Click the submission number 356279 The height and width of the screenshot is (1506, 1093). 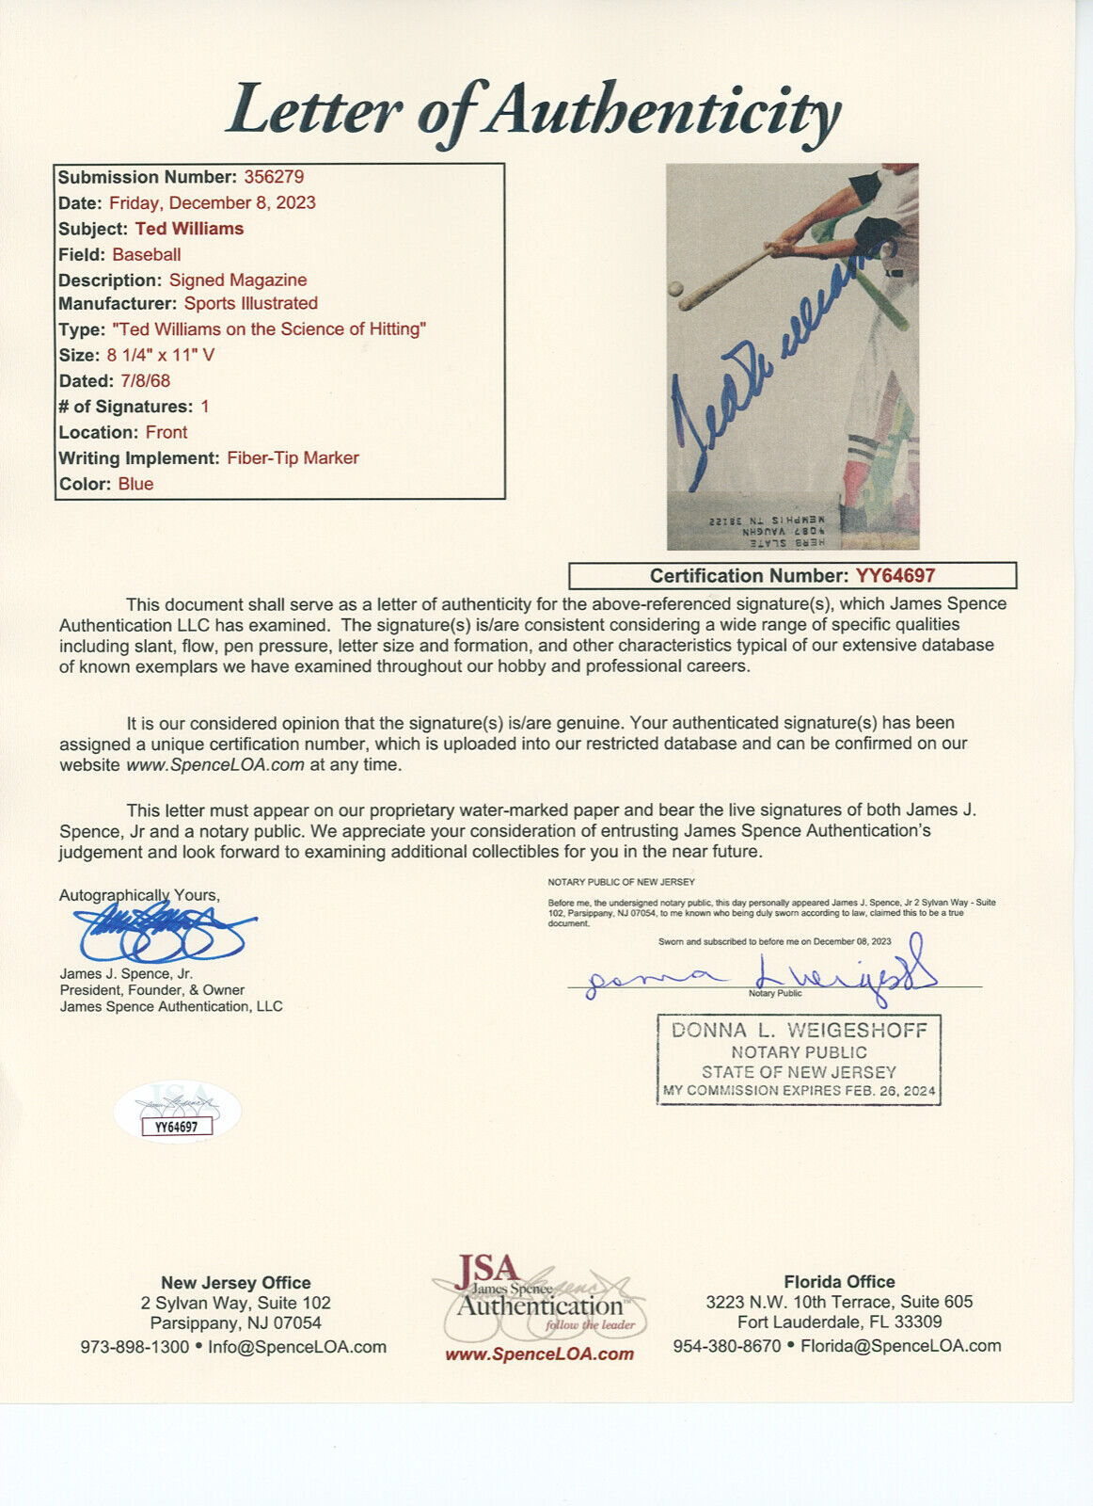pos(274,177)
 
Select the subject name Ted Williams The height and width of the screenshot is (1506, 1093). pos(189,229)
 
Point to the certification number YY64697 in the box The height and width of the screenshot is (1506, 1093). pos(895,576)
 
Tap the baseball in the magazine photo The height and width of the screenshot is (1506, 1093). pos(675,289)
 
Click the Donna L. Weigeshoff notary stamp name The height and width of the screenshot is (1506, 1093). pos(799,1031)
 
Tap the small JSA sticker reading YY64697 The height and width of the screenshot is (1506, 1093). pos(177,1126)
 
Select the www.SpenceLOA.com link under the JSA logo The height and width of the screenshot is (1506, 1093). pos(539,1354)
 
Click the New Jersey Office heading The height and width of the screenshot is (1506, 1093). pos(235,1283)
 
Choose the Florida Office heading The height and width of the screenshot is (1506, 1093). pos(839,1282)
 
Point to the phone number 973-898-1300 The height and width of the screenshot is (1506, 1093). pos(135,1347)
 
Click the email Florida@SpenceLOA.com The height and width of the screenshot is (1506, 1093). pos(900,1346)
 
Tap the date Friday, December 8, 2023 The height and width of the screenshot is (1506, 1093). pos(213,203)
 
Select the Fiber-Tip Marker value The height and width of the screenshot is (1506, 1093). pos(293,458)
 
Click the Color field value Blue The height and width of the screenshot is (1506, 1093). pos(135,484)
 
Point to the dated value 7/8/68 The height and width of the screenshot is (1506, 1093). pos(144,381)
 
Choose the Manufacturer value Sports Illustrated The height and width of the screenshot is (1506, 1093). pos(250,303)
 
